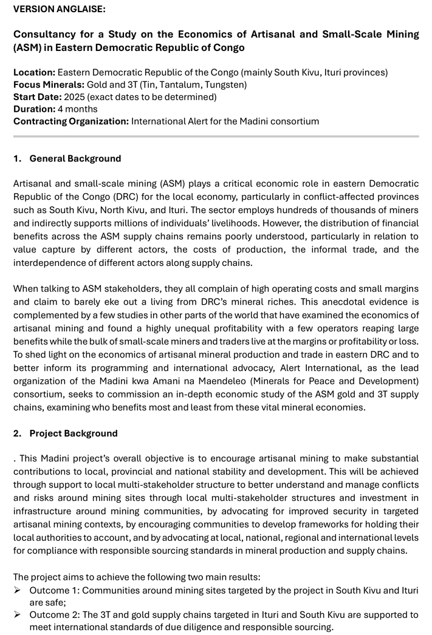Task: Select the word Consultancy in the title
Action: pyautogui.click(x=43, y=35)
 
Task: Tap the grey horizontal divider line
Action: pyautogui.click(x=216, y=137)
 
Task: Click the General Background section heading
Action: pyautogui.click(x=75, y=158)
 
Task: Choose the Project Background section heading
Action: pyautogui.click(x=74, y=433)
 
